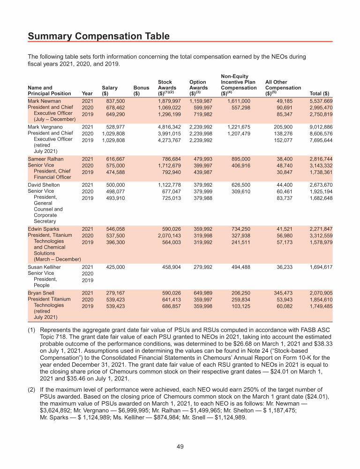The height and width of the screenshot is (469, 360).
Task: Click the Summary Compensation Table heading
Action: coord(98,36)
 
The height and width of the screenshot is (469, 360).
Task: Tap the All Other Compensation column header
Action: coord(283,87)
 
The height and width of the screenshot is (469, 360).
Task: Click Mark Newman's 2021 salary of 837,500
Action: coord(115,101)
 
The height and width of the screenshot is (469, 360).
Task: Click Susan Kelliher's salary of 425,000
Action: coord(115,267)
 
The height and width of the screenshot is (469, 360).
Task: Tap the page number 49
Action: coord(180,446)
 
